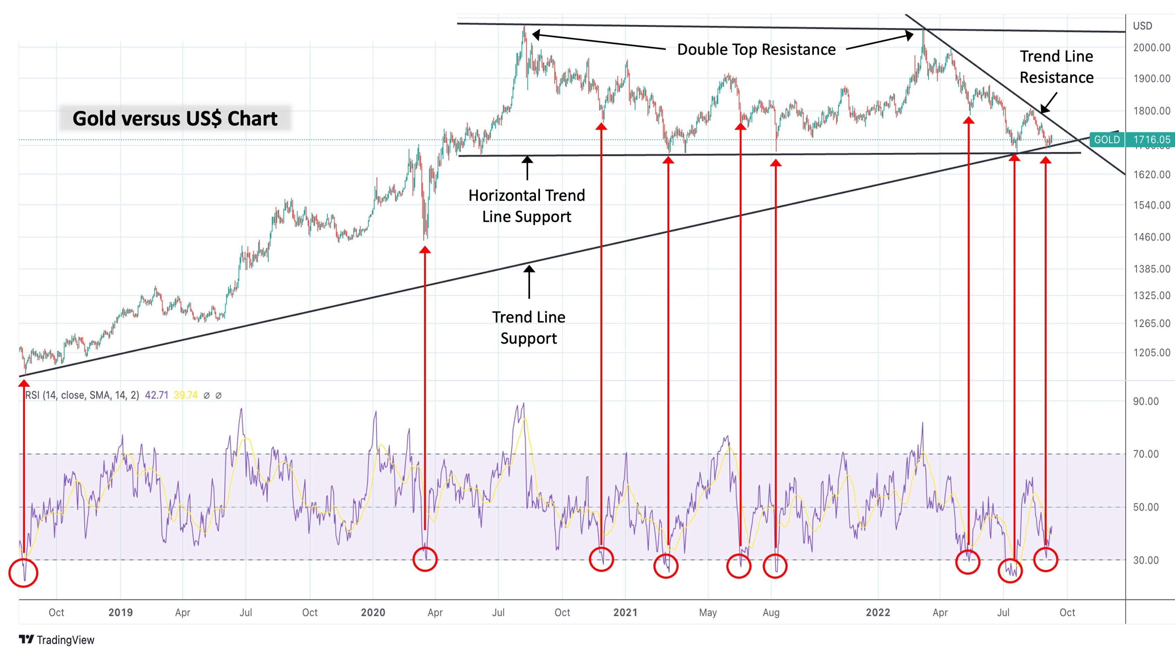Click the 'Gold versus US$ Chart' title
click(x=175, y=119)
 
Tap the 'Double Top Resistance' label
click(x=756, y=49)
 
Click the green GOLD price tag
click(x=1106, y=139)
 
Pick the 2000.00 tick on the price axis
click(x=1151, y=47)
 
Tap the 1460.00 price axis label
click(x=1151, y=237)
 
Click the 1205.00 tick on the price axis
click(x=1151, y=353)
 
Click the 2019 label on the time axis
click(x=120, y=612)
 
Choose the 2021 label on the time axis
click(x=625, y=612)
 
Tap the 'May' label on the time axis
click(x=708, y=612)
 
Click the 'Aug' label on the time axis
click(x=771, y=612)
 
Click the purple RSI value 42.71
click(x=156, y=395)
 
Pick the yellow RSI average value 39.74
click(x=186, y=395)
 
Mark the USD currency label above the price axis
click(x=1142, y=26)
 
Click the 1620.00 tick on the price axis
click(x=1151, y=175)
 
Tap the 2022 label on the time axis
click(x=878, y=612)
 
